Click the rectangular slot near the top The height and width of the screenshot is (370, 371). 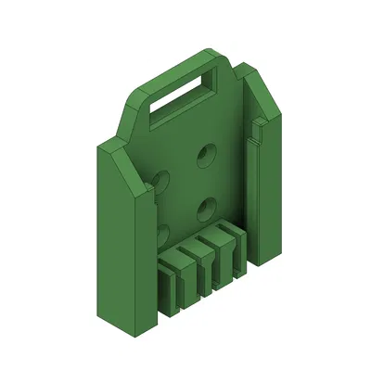181,97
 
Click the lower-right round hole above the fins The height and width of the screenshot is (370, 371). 208,205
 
